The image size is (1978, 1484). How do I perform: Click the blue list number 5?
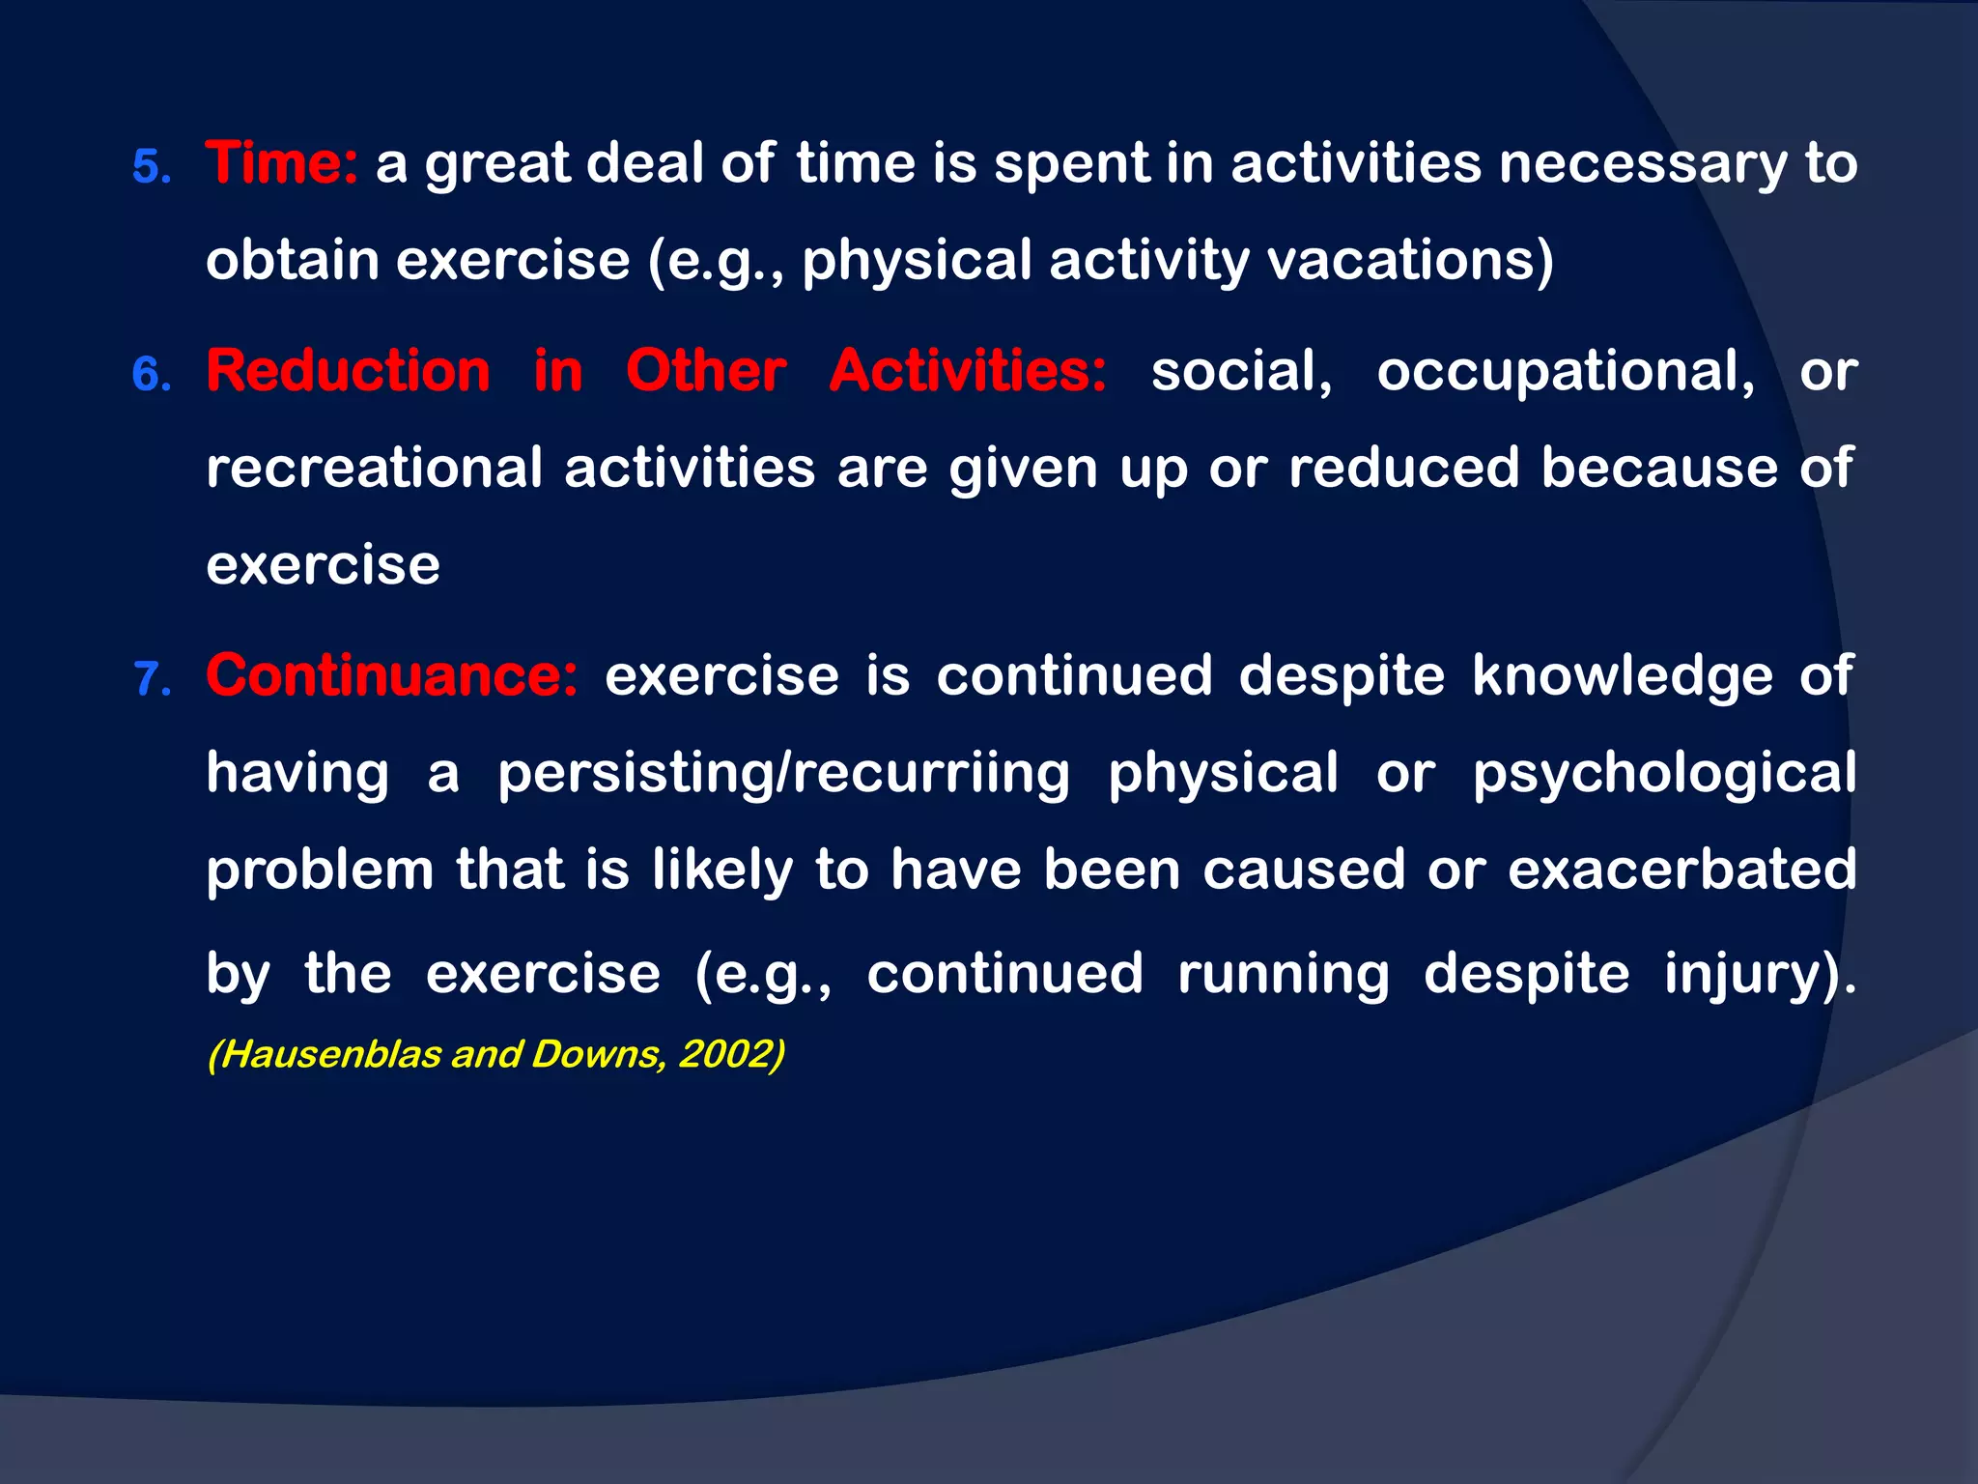(x=151, y=167)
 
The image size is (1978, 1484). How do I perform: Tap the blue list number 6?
(x=152, y=375)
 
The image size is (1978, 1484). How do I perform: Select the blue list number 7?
(x=152, y=679)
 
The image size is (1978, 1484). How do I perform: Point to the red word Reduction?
(x=349, y=371)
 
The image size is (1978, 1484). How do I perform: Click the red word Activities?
(x=968, y=371)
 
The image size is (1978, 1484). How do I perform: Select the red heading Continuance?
(x=392, y=675)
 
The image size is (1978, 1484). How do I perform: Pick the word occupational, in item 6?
(x=1566, y=371)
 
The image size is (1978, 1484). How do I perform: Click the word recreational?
(x=374, y=469)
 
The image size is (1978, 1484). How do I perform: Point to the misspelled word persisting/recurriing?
(x=783, y=774)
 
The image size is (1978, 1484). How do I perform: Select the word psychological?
(x=1663, y=774)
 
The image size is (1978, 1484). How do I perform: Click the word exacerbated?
(x=1681, y=869)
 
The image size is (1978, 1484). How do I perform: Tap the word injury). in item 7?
(x=1759, y=974)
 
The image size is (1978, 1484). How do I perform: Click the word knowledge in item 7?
(x=1622, y=675)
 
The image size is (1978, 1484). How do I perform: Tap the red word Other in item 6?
(x=706, y=371)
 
